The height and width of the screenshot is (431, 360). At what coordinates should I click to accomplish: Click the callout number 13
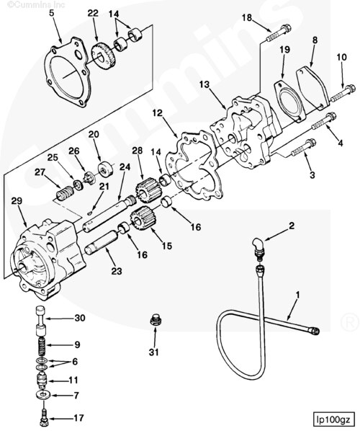point(206,85)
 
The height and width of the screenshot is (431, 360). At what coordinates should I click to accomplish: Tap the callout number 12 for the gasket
point(158,113)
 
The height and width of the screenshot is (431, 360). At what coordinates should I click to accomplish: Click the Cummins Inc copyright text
point(24,4)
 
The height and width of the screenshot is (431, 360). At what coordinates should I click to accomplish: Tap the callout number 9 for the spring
point(78,345)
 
